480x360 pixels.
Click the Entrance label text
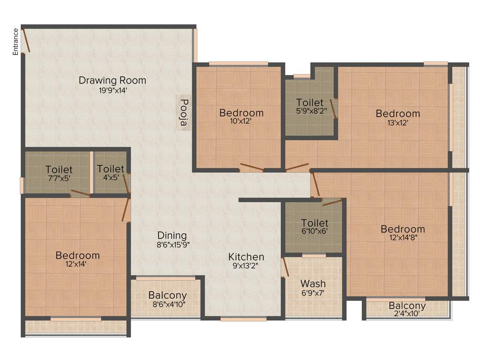point(16,42)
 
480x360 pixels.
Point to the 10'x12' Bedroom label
point(241,113)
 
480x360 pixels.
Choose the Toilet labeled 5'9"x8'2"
point(310,103)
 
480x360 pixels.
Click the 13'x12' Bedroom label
point(397,113)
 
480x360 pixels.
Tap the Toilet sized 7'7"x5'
point(59,169)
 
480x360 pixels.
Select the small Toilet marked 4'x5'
point(111,169)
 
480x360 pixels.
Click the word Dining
point(172,235)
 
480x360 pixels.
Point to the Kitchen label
point(246,257)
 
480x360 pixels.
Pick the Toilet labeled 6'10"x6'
point(315,223)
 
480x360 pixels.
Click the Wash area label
point(313,284)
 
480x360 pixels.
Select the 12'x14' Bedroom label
point(77,255)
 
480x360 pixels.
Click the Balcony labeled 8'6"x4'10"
point(167,296)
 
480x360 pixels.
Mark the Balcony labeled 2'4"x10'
point(407,306)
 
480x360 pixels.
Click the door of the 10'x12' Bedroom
point(252,167)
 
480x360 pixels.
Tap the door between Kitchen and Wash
point(285,268)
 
